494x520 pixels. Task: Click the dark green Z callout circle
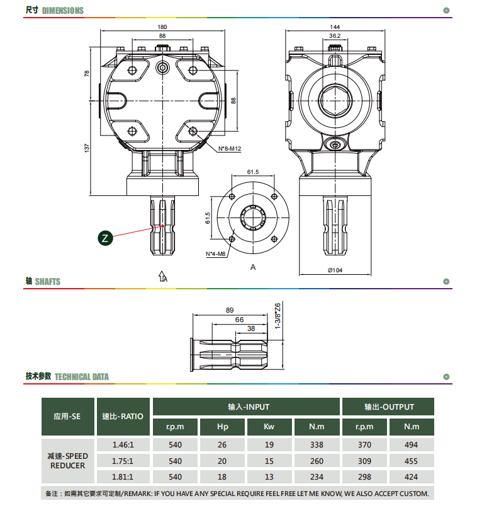click(x=105, y=238)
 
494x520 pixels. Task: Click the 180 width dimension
click(x=162, y=27)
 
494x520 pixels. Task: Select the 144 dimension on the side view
click(x=335, y=27)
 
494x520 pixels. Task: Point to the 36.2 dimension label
click(x=335, y=36)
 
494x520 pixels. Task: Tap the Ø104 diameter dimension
click(x=335, y=270)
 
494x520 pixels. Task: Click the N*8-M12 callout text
click(x=230, y=149)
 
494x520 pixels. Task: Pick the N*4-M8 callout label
click(x=216, y=254)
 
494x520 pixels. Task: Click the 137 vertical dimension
click(x=87, y=148)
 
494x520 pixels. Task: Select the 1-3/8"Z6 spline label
click(x=278, y=316)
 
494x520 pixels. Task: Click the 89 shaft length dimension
click(x=230, y=310)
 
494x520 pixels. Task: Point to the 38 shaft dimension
click(x=251, y=328)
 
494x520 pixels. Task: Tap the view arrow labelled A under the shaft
click(x=162, y=277)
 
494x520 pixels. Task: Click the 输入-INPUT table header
click(x=249, y=407)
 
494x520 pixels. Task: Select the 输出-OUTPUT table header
click(x=390, y=407)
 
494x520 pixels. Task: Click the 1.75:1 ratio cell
click(x=123, y=461)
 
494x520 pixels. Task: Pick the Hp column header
click(x=223, y=427)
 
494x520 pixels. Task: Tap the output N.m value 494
click(x=411, y=445)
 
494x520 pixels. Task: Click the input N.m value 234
click(x=317, y=477)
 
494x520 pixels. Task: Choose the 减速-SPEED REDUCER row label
click(x=67, y=461)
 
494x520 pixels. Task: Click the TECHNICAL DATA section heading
click(x=82, y=377)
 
